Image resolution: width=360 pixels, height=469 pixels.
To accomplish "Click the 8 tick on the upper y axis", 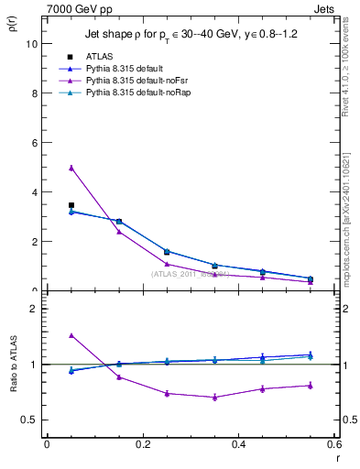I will click(x=34, y=93).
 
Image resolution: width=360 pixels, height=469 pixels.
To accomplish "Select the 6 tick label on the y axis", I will click(x=34, y=143).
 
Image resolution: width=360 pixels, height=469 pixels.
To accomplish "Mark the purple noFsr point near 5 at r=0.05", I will click(x=71, y=168).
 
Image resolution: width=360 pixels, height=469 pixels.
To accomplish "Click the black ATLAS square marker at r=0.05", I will click(x=71, y=205).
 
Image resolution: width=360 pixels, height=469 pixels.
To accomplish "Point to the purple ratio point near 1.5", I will click(x=71, y=335).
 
